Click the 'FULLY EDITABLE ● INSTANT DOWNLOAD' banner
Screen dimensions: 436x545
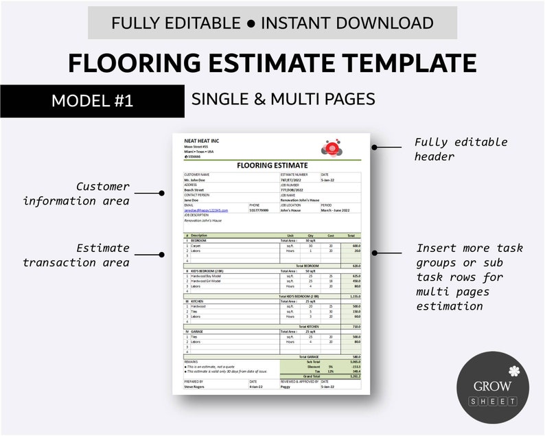272,23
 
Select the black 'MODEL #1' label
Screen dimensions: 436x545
92,102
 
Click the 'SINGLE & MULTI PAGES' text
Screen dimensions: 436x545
283,100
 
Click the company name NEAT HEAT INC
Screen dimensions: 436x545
199,141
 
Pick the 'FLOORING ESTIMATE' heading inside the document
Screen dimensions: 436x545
272,165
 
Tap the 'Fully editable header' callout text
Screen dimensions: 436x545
461,149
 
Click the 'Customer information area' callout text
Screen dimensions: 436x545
76,194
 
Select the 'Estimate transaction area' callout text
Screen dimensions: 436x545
76,255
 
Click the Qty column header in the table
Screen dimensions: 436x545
310,235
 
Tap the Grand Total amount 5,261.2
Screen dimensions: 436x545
355,376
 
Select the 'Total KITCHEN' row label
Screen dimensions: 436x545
309,326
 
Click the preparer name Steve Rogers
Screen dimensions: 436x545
194,387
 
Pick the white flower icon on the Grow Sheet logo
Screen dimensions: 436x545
515,370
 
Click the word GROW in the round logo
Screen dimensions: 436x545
492,385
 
